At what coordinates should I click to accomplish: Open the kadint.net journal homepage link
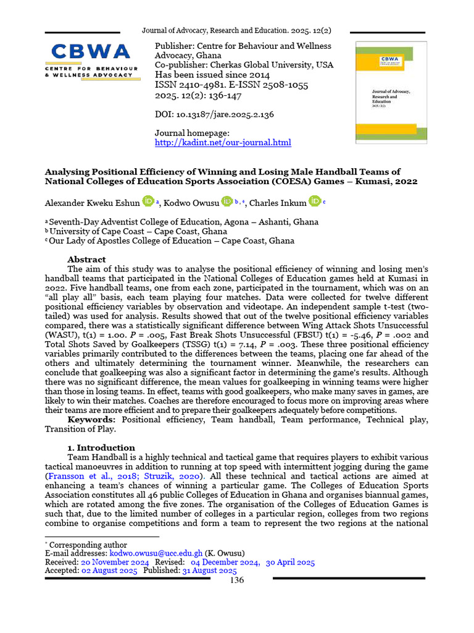click(x=222, y=143)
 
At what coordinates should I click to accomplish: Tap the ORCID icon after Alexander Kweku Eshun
click(x=148, y=201)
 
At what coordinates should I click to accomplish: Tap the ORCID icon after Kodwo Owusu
click(x=227, y=201)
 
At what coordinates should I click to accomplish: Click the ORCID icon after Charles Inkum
click(x=315, y=201)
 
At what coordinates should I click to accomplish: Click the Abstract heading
click(x=86, y=259)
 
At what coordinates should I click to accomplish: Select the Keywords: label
click(x=93, y=419)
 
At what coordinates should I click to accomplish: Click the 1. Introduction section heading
click(x=101, y=448)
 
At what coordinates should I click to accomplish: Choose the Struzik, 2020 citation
click(x=184, y=477)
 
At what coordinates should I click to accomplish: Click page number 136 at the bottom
click(x=237, y=580)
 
